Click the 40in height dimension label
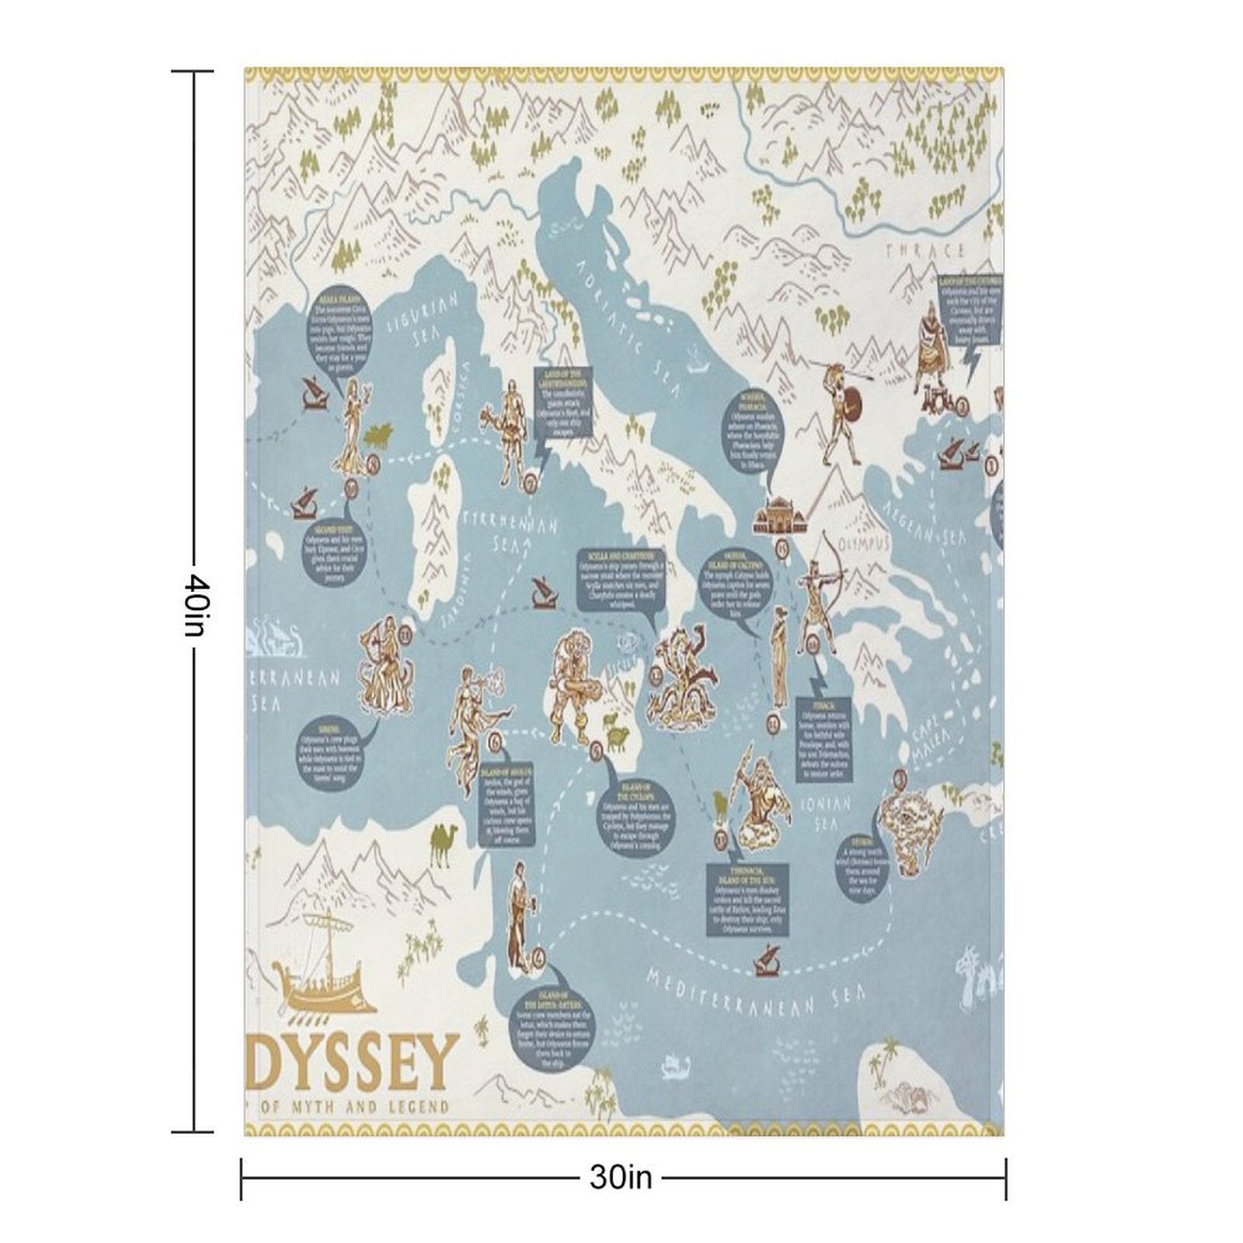click(194, 605)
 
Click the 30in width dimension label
click(620, 1178)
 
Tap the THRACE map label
click(924, 251)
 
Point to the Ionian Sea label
click(830, 813)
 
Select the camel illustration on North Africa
click(444, 844)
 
